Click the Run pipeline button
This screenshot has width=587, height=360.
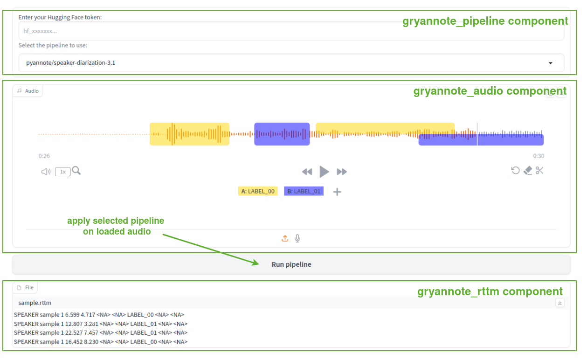pos(291,264)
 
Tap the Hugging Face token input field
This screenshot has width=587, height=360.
pos(291,31)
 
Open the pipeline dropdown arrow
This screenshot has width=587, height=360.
pos(550,63)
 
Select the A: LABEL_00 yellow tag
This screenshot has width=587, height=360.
pos(258,191)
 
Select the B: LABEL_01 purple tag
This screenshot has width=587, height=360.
pos(304,191)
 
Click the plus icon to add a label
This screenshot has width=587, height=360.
pos(337,192)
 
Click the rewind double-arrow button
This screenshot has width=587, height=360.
pos(307,172)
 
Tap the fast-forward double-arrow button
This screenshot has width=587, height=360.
pos(342,172)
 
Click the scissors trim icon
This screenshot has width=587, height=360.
pos(539,170)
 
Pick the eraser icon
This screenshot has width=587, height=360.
pos(528,171)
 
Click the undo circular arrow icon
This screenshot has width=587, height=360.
pos(515,170)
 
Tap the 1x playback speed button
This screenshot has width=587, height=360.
pos(63,172)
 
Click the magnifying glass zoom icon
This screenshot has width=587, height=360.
pos(76,171)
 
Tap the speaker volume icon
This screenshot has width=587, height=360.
pos(46,172)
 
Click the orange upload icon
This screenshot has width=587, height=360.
pos(285,238)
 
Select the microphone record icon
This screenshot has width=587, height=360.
pos(297,238)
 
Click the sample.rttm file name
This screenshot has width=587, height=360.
pos(35,303)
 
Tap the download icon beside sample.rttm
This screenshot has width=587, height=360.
pos(560,303)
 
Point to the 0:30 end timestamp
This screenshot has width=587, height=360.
pos(539,156)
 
